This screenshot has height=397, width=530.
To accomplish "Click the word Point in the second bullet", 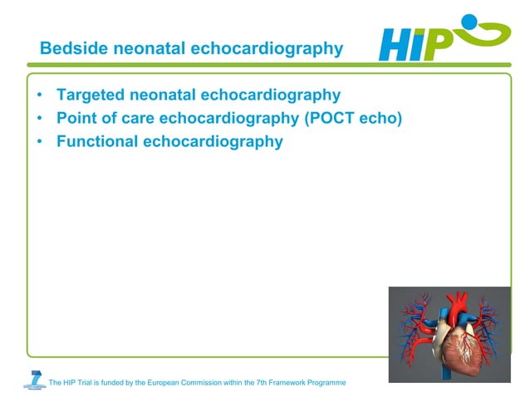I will (77, 118).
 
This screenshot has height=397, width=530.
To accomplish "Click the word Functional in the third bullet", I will (97, 141).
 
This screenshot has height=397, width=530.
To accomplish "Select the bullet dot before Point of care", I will (40, 119).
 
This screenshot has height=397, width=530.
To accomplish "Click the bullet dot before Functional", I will (40, 142).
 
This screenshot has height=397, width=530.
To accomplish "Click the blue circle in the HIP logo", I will (469, 22).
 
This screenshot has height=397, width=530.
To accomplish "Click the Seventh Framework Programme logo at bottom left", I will (35, 380).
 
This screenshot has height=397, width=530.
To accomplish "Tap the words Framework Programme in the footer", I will (307, 383).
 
